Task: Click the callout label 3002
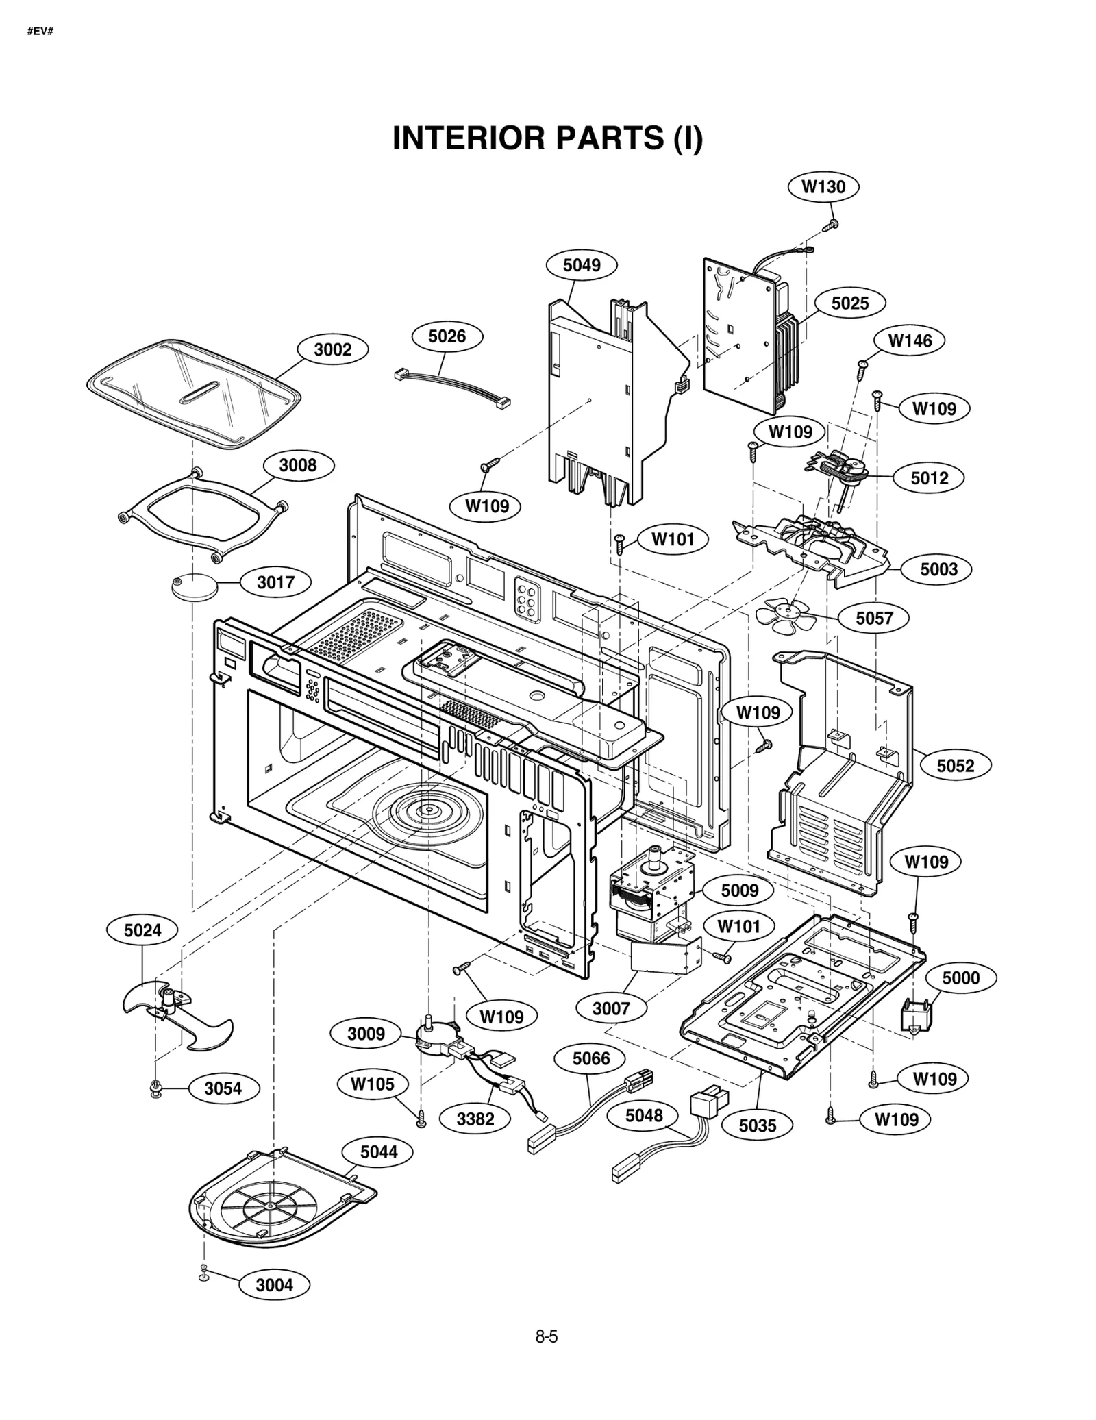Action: (332, 350)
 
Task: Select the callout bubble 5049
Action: (582, 265)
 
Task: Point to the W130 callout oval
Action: (823, 187)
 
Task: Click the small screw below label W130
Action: (833, 223)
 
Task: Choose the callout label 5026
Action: (447, 336)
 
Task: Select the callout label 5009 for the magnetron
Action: (740, 890)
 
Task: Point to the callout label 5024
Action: (142, 930)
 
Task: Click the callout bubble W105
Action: (373, 1084)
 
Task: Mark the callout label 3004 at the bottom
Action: (274, 1285)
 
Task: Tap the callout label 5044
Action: (379, 1152)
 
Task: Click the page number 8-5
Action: (547, 1356)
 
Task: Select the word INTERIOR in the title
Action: (469, 138)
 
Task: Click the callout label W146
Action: (910, 340)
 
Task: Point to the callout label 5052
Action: (955, 765)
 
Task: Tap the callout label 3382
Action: (475, 1119)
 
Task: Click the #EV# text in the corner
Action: (40, 32)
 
